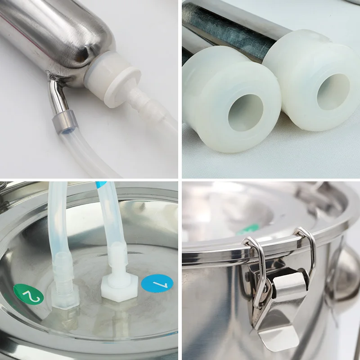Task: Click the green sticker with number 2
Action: click(28, 296)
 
